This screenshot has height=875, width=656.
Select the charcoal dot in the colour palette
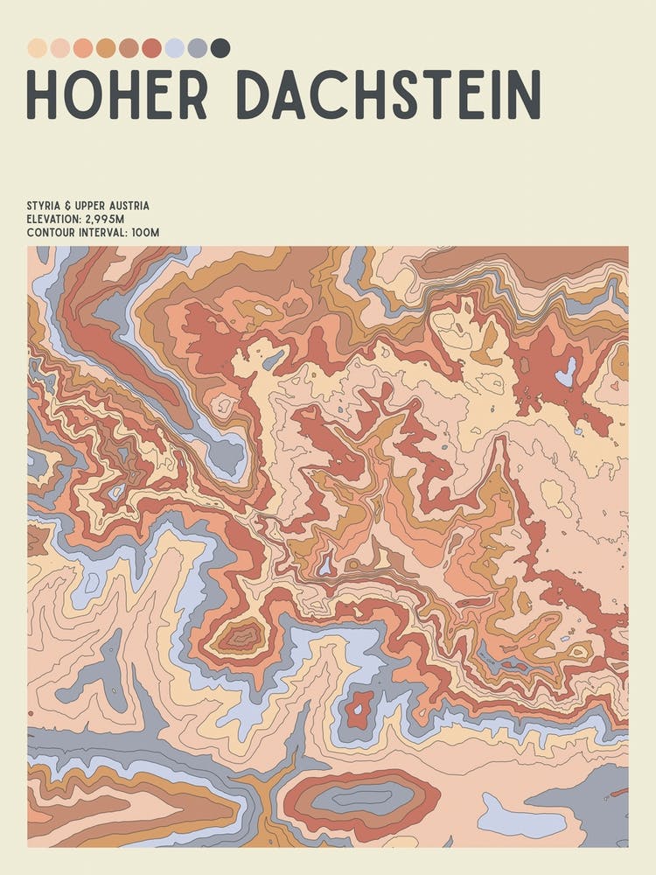point(220,47)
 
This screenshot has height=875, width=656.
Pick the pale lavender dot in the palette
point(175,47)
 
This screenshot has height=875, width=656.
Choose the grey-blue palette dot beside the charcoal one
point(198,47)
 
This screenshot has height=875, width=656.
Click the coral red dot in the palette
point(152,47)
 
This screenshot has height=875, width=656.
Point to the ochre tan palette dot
point(106,47)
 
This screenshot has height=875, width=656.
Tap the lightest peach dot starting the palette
point(37,47)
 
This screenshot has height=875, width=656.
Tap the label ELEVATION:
point(54,220)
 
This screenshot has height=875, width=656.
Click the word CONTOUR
point(51,234)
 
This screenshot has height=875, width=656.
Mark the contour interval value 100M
point(145,234)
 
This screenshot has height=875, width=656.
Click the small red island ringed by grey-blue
point(359,710)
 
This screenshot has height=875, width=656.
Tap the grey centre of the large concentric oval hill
point(363,797)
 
